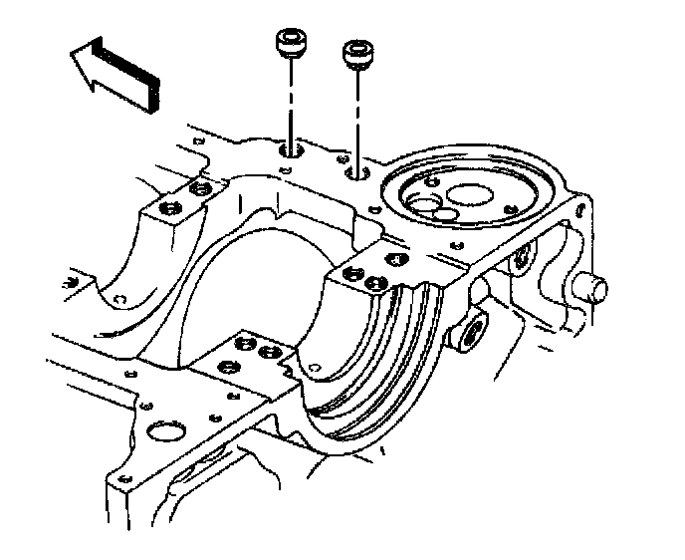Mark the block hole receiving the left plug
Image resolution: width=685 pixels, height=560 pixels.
coord(290,150)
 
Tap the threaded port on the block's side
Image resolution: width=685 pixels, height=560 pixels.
coord(466,333)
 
